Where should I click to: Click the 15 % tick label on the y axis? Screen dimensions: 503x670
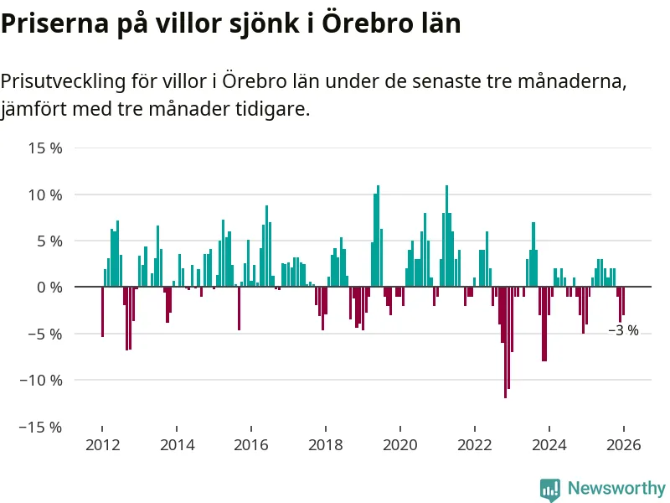pos(45,148)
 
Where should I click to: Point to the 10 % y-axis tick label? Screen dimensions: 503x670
pos(45,194)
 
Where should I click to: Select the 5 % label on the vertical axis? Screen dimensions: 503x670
pos(49,241)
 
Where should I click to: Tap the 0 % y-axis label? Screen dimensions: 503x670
pos(49,288)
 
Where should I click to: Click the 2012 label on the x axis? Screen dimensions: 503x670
pos(102,445)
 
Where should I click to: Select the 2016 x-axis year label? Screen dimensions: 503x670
pos(251,445)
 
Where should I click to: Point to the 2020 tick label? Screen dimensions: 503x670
pos(400,445)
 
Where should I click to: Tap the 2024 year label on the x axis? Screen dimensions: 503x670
pos(549,445)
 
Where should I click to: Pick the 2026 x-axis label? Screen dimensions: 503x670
pos(624,445)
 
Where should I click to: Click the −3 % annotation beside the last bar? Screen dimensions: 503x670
pos(624,331)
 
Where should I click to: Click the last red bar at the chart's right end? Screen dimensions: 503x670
pos(623,301)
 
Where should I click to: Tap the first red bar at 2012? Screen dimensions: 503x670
pos(102,312)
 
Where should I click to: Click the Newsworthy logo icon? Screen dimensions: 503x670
pos(549,489)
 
